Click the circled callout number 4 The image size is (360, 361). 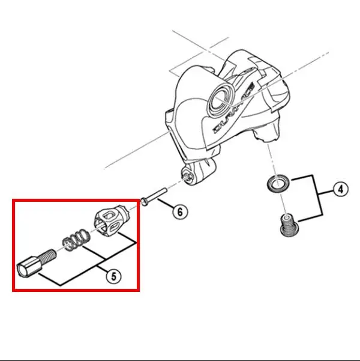click(x=340, y=190)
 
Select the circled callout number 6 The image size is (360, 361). click(x=179, y=211)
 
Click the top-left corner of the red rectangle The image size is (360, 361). click(x=13, y=201)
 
